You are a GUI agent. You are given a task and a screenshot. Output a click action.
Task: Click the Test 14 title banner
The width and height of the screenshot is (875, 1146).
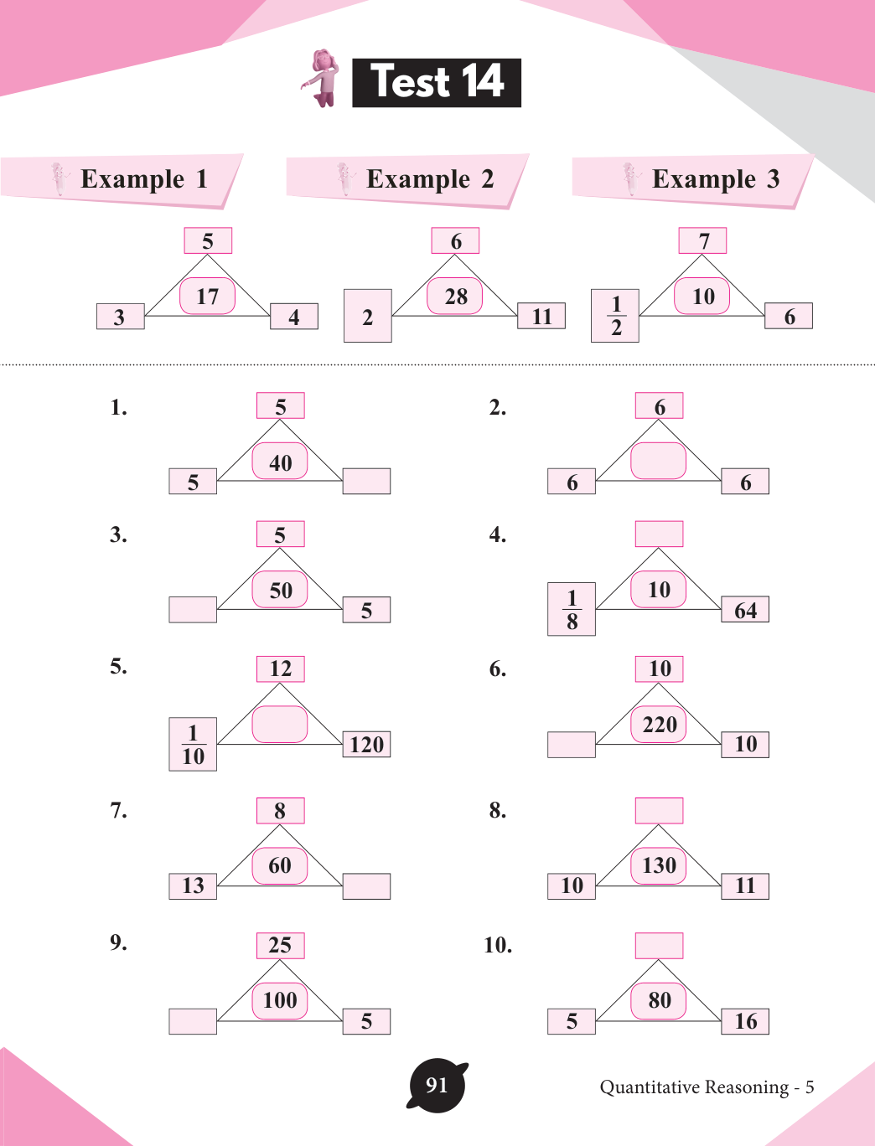[x=436, y=82]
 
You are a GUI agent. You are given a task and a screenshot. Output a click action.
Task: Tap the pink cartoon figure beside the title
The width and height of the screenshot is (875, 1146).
[x=323, y=78]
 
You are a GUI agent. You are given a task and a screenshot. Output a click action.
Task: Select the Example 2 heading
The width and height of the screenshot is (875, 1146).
[x=429, y=179]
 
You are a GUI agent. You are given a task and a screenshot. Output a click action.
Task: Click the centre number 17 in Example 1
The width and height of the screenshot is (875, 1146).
[x=207, y=297]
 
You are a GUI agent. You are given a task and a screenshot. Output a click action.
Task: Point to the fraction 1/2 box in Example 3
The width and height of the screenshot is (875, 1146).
[x=615, y=316]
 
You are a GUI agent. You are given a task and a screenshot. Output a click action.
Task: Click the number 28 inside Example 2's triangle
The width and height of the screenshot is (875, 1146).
[x=455, y=297]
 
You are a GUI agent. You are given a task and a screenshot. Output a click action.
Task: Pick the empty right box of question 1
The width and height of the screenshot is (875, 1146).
[x=366, y=482]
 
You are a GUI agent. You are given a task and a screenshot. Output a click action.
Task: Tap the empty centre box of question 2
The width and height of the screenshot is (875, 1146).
[x=659, y=462]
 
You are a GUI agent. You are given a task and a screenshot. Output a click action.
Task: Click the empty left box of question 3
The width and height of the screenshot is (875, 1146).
[x=193, y=610]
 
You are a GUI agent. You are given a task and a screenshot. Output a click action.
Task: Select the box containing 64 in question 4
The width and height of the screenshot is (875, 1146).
[x=745, y=610]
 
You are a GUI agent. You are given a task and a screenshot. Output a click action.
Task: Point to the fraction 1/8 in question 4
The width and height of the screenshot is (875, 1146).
[x=572, y=609]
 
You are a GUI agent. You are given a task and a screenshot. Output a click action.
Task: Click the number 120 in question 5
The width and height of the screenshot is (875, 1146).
[x=366, y=744]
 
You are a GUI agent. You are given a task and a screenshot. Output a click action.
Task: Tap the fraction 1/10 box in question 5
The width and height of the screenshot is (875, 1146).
[x=193, y=744]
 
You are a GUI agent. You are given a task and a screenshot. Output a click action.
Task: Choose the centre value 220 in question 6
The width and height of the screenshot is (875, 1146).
[x=659, y=725]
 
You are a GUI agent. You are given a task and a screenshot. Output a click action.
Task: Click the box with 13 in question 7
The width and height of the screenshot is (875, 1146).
[x=193, y=885]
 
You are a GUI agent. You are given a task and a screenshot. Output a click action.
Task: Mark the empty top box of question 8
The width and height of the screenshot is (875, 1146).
[x=659, y=810]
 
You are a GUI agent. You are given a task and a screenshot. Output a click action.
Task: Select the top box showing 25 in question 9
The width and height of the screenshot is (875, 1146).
[x=280, y=945]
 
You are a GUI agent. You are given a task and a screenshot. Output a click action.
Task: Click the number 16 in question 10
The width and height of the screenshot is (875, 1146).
[x=745, y=1021]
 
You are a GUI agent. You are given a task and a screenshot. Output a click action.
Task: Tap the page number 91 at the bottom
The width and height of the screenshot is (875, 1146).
[x=437, y=1086]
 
